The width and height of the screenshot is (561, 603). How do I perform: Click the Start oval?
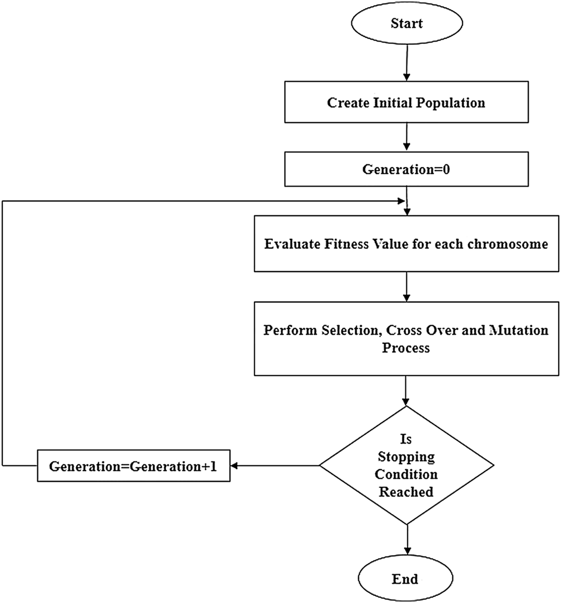pos(406,24)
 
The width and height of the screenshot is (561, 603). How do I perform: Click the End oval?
pos(405,579)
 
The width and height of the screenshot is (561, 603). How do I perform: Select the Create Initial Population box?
pos(406,103)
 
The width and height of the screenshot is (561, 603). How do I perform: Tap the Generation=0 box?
pos(406,169)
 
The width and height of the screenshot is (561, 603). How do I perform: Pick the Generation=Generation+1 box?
pos(133,466)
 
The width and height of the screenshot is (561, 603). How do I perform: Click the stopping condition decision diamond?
pos(406,465)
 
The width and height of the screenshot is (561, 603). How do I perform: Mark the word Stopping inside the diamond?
pos(406,458)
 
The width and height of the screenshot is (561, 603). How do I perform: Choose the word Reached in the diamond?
pos(406,492)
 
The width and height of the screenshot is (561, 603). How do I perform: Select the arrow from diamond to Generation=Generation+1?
pos(275,465)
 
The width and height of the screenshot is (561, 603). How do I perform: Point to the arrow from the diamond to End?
pos(408,542)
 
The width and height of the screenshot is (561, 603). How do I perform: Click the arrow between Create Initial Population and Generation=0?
pos(408,137)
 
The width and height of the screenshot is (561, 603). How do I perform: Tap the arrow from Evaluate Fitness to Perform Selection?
pos(408,287)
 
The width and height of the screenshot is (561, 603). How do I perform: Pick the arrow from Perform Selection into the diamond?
pos(408,391)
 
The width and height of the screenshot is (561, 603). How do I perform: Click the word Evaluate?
pos(292,244)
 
